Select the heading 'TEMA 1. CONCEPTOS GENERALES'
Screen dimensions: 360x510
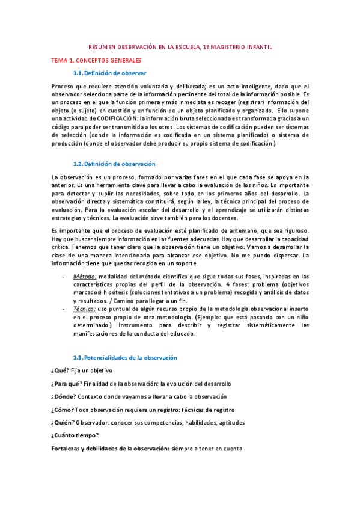pyautogui.click(x=96, y=60)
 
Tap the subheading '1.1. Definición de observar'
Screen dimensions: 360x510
pyautogui.click(x=109, y=73)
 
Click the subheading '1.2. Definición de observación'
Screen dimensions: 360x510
pyautogui.click(x=114, y=164)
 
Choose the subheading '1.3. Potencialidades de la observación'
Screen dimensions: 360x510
pyautogui.click(x=125, y=357)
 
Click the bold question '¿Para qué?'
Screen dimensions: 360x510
pyautogui.click(x=67, y=384)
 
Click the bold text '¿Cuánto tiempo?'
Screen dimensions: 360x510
pyautogui.click(x=76, y=435)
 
